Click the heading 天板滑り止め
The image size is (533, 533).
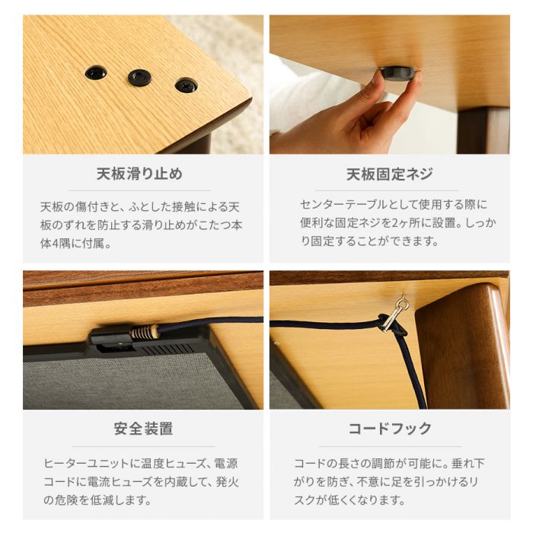click(x=139, y=174)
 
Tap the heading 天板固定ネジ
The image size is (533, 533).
click(x=390, y=174)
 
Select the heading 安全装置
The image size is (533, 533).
click(x=143, y=429)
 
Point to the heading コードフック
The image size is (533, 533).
click(x=390, y=429)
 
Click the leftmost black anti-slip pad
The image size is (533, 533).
click(x=96, y=72)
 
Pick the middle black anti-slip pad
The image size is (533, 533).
click(x=139, y=78)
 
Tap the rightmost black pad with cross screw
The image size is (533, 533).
click(x=186, y=85)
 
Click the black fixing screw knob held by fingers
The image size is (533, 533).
click(x=397, y=74)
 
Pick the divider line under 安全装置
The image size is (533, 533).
click(x=143, y=446)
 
